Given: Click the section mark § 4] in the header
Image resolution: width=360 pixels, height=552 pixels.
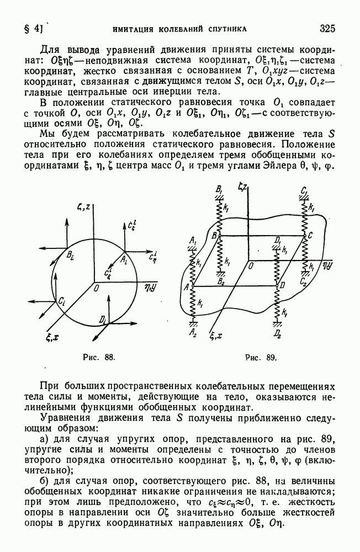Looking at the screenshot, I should pos(33,29).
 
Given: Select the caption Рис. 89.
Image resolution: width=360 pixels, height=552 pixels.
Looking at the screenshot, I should pos(261,358).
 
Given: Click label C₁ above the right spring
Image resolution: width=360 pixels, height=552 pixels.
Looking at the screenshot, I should pos(304,191).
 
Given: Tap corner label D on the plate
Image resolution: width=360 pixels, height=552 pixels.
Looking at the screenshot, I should pos(283,285).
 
